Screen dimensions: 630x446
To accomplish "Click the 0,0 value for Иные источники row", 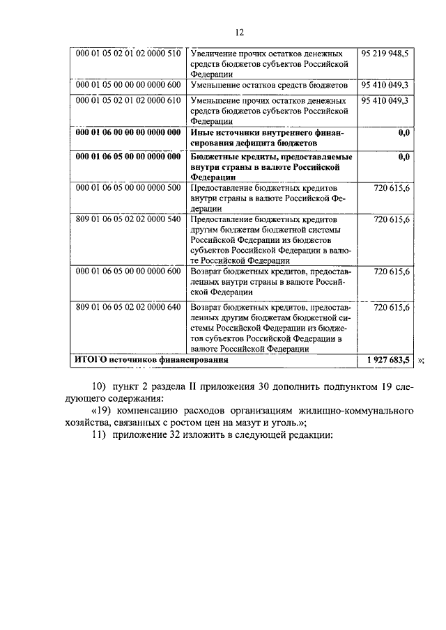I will pos(403,132).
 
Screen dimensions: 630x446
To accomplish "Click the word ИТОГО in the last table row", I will pos(91,361).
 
